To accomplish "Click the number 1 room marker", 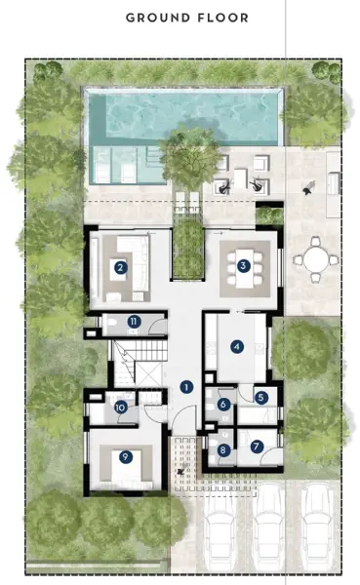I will [x=185, y=386].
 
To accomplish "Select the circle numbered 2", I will [x=120, y=266].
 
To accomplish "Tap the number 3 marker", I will [x=244, y=263].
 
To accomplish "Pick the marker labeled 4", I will [x=236, y=346].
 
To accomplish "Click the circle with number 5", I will [x=261, y=397].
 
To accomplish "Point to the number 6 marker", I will [x=223, y=404].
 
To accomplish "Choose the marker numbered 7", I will [x=257, y=447].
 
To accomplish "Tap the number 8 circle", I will [x=223, y=450].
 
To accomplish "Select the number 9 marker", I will [x=125, y=455].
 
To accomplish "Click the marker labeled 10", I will [x=120, y=408].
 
